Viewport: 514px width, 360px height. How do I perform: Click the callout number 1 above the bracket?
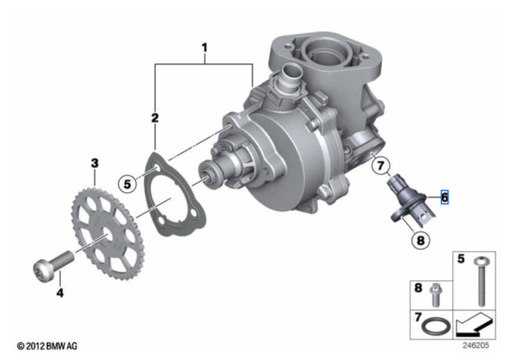(x=205, y=48)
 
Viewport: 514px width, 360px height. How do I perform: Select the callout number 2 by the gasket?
(x=155, y=118)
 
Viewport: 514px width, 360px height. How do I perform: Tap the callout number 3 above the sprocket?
(x=94, y=163)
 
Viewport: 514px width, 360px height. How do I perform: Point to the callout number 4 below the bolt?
(x=60, y=292)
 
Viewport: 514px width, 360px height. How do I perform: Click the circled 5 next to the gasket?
(x=127, y=184)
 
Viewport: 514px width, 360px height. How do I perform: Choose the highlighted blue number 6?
(x=445, y=197)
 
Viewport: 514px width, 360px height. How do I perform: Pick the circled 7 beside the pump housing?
(x=380, y=165)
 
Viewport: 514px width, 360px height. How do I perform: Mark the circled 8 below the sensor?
(x=421, y=240)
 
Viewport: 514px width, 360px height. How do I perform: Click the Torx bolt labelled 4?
(x=53, y=266)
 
